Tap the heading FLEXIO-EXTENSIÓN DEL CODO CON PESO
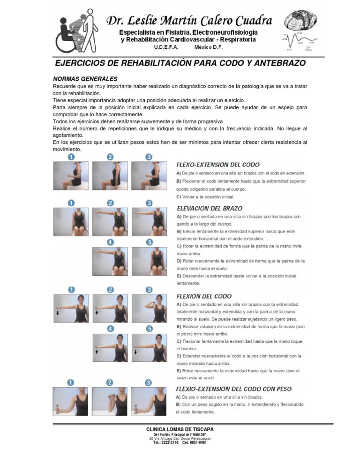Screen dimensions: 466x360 click(233, 388)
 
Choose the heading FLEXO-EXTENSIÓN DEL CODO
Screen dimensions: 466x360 click(217, 165)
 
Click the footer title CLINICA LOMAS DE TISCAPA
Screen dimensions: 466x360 click(180, 429)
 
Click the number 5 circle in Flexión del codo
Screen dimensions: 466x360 click(149, 329)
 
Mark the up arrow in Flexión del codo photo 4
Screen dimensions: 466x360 click(97, 350)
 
